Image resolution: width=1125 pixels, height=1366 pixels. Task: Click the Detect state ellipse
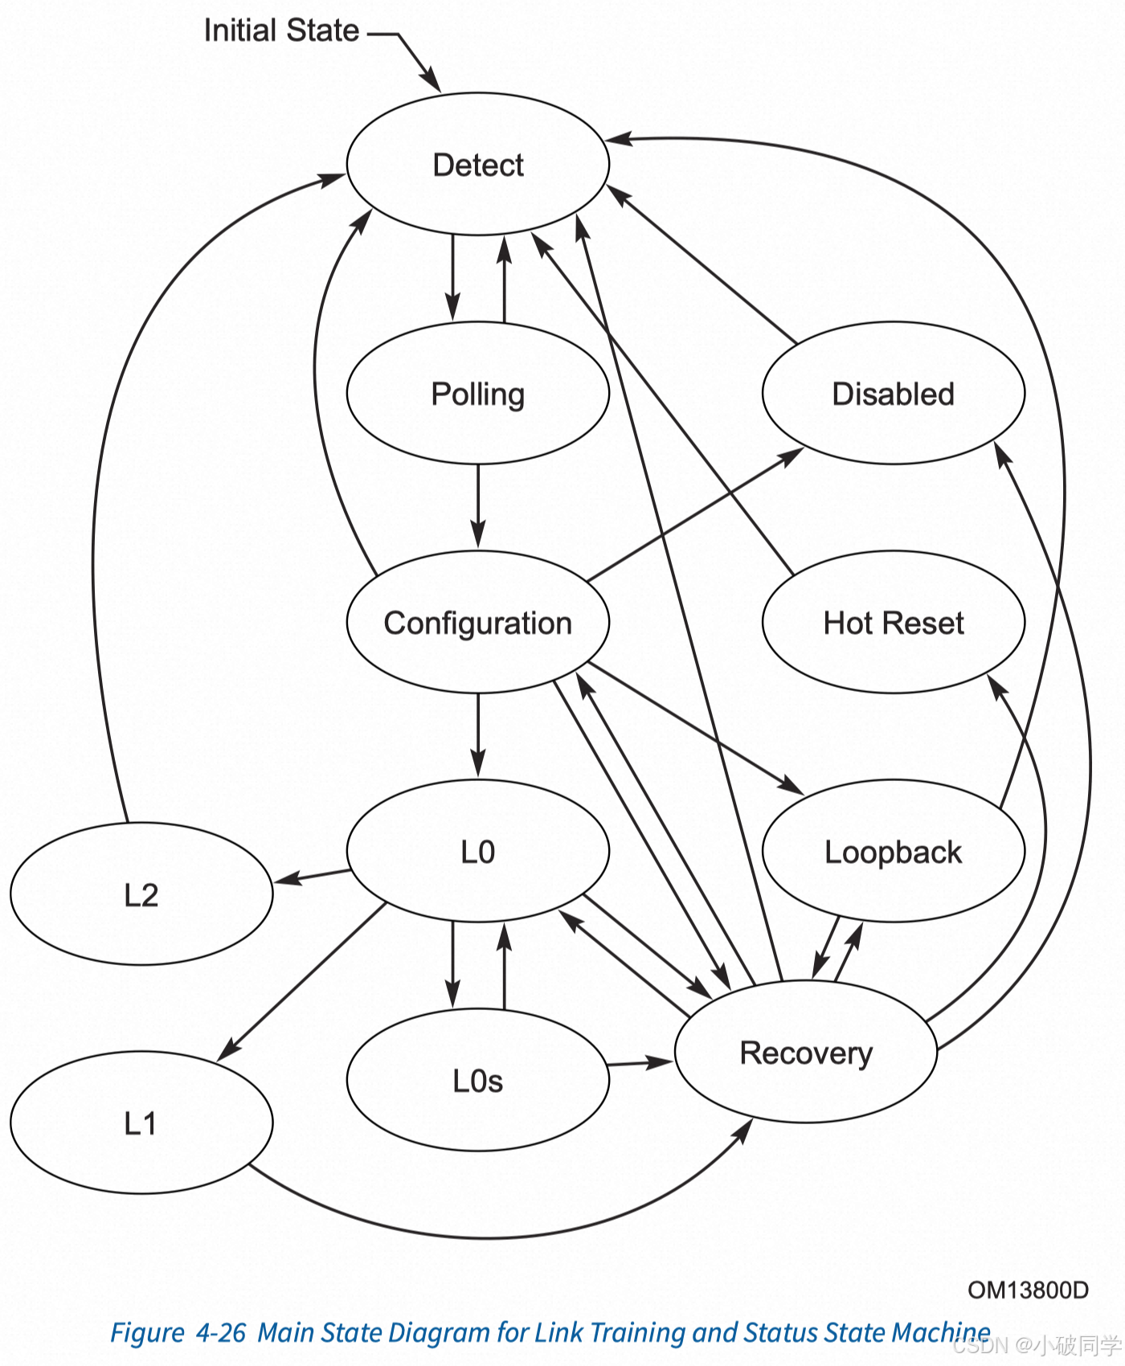478,165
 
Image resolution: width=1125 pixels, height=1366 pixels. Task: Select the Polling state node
478,394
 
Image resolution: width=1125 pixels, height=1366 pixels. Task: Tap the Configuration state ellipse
478,623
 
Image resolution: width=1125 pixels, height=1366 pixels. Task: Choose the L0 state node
478,852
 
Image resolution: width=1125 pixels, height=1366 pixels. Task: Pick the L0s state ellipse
478,1081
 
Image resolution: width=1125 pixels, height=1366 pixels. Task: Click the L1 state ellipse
141,1123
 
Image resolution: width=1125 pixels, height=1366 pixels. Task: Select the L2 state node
141,894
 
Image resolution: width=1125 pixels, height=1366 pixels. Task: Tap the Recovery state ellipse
806,1053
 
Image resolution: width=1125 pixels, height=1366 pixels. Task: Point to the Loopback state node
894,852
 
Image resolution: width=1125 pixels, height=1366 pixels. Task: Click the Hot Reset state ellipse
894,623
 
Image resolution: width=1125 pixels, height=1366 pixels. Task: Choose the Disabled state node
894,394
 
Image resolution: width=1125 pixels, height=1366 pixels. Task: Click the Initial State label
281,31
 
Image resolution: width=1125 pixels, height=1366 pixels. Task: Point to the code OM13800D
1028,1290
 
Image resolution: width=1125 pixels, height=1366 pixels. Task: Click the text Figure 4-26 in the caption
178,1333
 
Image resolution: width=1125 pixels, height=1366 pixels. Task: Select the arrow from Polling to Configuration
478,506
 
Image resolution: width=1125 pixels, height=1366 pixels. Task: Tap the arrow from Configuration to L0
478,735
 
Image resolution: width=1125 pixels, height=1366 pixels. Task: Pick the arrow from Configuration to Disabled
695,514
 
